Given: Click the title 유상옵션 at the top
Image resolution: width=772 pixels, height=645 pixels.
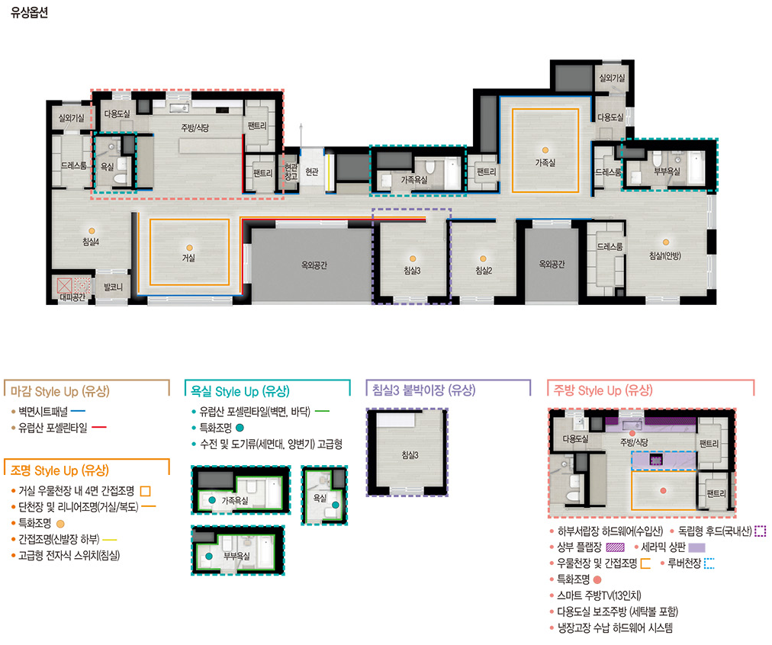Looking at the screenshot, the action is tap(29, 12).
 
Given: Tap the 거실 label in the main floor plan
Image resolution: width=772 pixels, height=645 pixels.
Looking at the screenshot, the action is tap(188, 258).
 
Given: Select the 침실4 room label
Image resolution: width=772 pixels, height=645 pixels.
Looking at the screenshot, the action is tap(91, 242).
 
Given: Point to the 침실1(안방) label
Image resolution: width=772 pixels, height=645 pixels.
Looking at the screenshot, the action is tap(665, 255).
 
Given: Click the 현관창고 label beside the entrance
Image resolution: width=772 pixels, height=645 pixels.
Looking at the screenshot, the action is tap(291, 172).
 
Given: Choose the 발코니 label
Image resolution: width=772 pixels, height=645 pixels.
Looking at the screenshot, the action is tap(113, 287).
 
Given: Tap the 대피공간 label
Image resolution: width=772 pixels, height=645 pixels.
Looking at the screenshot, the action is tap(72, 297).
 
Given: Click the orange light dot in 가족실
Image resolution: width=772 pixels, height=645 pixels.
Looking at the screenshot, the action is tap(545, 150).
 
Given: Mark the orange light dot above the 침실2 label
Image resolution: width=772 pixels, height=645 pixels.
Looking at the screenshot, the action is tap(483, 258).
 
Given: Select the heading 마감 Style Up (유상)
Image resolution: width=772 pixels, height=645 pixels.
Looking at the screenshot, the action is tap(60, 392).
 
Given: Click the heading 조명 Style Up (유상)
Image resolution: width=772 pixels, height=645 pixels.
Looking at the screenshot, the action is tap(60, 470).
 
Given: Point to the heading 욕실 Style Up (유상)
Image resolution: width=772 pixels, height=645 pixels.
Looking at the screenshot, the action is tap(240, 392).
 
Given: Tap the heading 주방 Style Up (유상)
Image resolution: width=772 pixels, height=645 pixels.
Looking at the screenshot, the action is tap(603, 390).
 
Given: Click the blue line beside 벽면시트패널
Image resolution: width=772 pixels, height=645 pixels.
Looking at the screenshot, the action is tap(78, 410).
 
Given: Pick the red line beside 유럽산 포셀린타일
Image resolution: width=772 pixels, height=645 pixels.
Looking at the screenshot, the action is tap(99, 427).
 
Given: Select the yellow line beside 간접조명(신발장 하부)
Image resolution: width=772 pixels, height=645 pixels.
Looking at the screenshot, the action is tap(109, 540).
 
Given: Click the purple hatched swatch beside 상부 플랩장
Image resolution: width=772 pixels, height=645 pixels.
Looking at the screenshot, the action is tap(615, 547).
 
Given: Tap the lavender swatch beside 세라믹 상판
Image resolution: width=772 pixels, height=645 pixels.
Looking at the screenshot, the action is tap(696, 547).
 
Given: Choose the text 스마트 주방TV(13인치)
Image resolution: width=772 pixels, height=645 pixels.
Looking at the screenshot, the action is tap(599, 595).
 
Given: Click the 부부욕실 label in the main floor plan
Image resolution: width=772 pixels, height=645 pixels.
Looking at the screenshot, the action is tap(667, 172).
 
